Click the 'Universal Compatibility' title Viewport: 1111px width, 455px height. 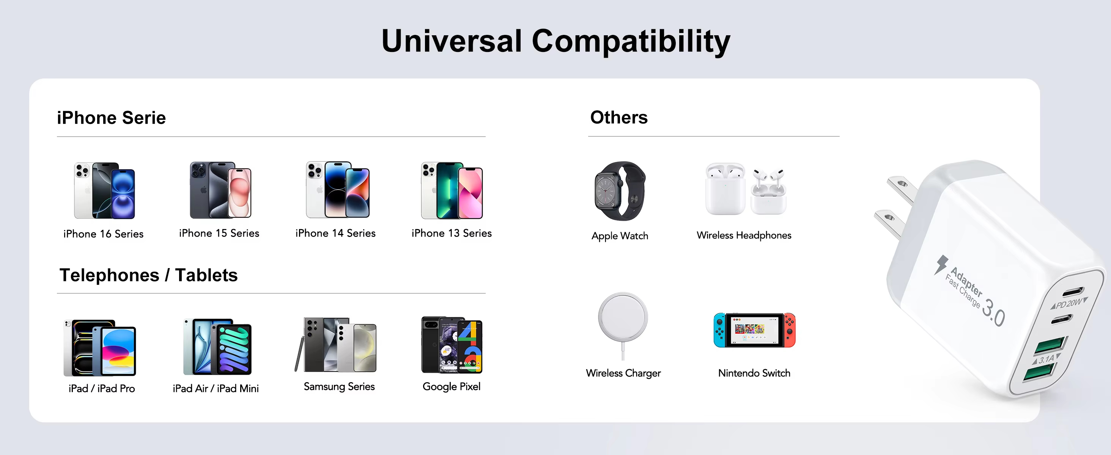pyautogui.click(x=555, y=41)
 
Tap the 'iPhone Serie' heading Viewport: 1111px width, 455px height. pyautogui.click(x=111, y=118)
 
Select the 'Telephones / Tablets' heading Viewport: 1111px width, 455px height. pyautogui.click(x=148, y=275)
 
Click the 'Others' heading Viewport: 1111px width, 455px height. pyautogui.click(x=618, y=117)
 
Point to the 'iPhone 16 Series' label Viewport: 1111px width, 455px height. pyautogui.click(x=104, y=234)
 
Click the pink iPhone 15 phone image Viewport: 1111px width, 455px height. pyautogui.click(x=239, y=193)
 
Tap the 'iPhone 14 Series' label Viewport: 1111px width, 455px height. pyautogui.click(x=335, y=233)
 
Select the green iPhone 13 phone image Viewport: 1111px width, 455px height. pyautogui.click(x=448, y=190)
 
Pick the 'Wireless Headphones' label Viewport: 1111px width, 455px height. pyautogui.click(x=744, y=235)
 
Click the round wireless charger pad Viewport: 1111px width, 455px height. pyautogui.click(x=623, y=317)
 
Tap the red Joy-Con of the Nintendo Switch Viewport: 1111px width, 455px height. pyautogui.click(x=789, y=330)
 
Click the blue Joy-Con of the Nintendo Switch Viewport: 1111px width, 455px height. pyautogui.click(x=719, y=330)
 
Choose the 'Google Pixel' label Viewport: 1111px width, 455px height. pyautogui.click(x=451, y=386)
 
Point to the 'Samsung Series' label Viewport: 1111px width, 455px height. pyautogui.click(x=339, y=386)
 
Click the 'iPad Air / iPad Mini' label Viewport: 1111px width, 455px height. pyautogui.click(x=216, y=388)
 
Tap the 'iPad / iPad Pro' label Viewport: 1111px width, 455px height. pyautogui.click(x=102, y=388)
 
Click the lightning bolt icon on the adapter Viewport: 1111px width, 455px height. pyautogui.click(x=941, y=264)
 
